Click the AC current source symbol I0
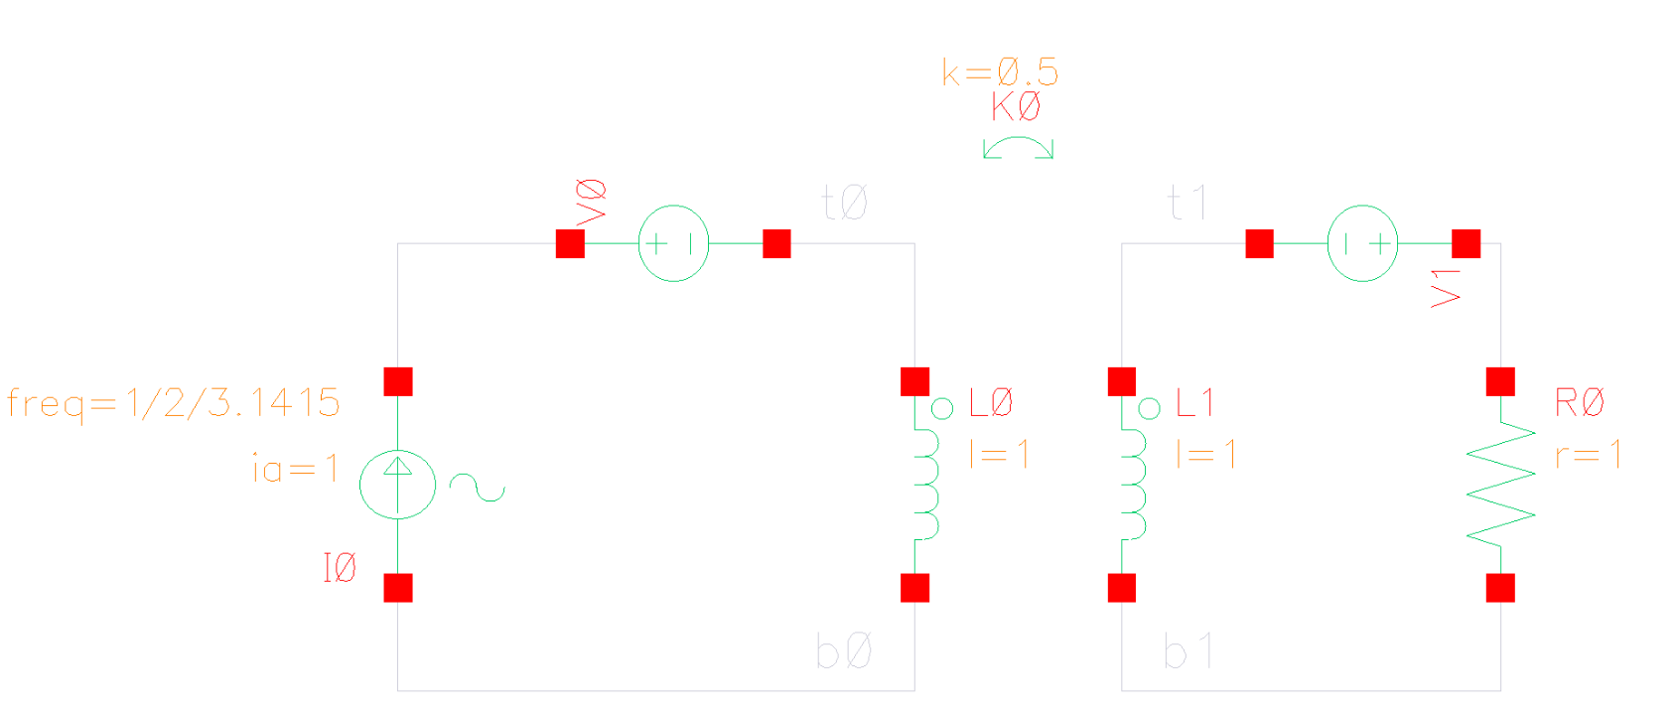(397, 485)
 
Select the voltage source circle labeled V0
(673, 243)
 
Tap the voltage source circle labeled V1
(1362, 243)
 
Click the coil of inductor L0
(925, 485)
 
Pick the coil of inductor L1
(1133, 485)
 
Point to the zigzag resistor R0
(1500, 485)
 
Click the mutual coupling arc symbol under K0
(1018, 148)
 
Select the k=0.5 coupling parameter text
(1000, 71)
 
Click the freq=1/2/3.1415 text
(174, 403)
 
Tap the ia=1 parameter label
(296, 468)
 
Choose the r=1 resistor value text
(1589, 455)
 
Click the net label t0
(845, 204)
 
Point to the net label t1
(1188, 204)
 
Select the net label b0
(844, 652)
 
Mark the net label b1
(1188, 652)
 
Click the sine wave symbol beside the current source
(477, 488)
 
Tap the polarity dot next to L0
(942, 408)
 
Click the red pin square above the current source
(398, 381)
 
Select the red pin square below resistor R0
(1500, 588)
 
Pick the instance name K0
(1016, 106)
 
